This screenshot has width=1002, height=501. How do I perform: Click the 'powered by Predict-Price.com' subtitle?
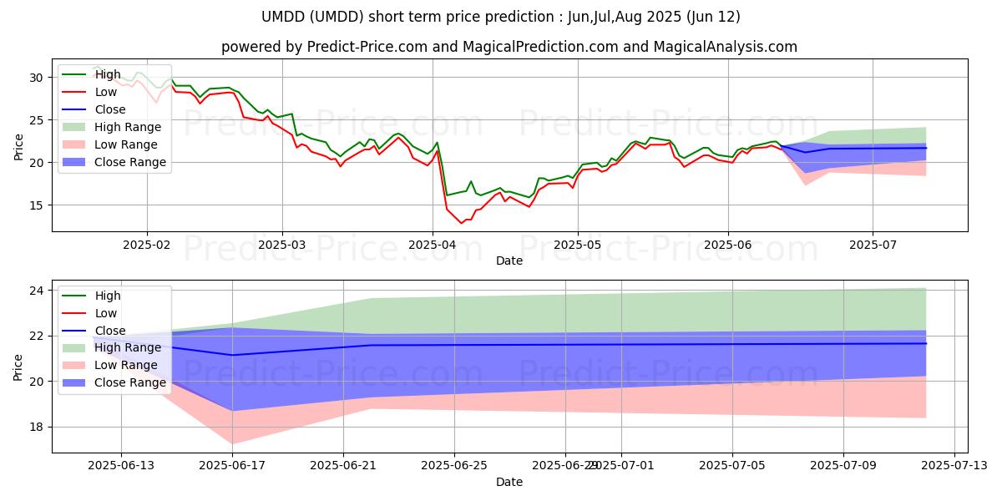pyautogui.click(x=509, y=47)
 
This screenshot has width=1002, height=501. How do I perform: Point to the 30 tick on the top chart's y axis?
pyautogui.click(x=37, y=78)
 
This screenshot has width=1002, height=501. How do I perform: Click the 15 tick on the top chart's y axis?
pyautogui.click(x=37, y=205)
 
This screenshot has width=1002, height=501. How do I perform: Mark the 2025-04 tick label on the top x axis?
pyautogui.click(x=433, y=244)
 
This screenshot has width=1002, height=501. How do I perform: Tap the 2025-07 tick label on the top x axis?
pyautogui.click(x=873, y=244)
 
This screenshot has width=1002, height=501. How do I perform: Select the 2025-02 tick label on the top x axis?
pyautogui.click(x=147, y=244)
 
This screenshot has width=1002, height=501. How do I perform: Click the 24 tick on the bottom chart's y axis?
pyautogui.click(x=37, y=291)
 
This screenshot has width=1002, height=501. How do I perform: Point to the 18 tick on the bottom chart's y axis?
pyautogui.click(x=37, y=427)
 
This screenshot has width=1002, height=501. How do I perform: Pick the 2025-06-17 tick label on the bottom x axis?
pyautogui.click(x=231, y=466)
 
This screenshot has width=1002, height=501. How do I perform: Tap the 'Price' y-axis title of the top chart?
pyautogui.click(x=19, y=147)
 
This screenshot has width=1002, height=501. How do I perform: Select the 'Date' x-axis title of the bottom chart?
pyautogui.click(x=509, y=482)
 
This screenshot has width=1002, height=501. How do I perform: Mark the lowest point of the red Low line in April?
pyautogui.click(x=462, y=223)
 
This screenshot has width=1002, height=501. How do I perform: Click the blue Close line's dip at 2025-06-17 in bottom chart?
pyautogui.click(x=231, y=355)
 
